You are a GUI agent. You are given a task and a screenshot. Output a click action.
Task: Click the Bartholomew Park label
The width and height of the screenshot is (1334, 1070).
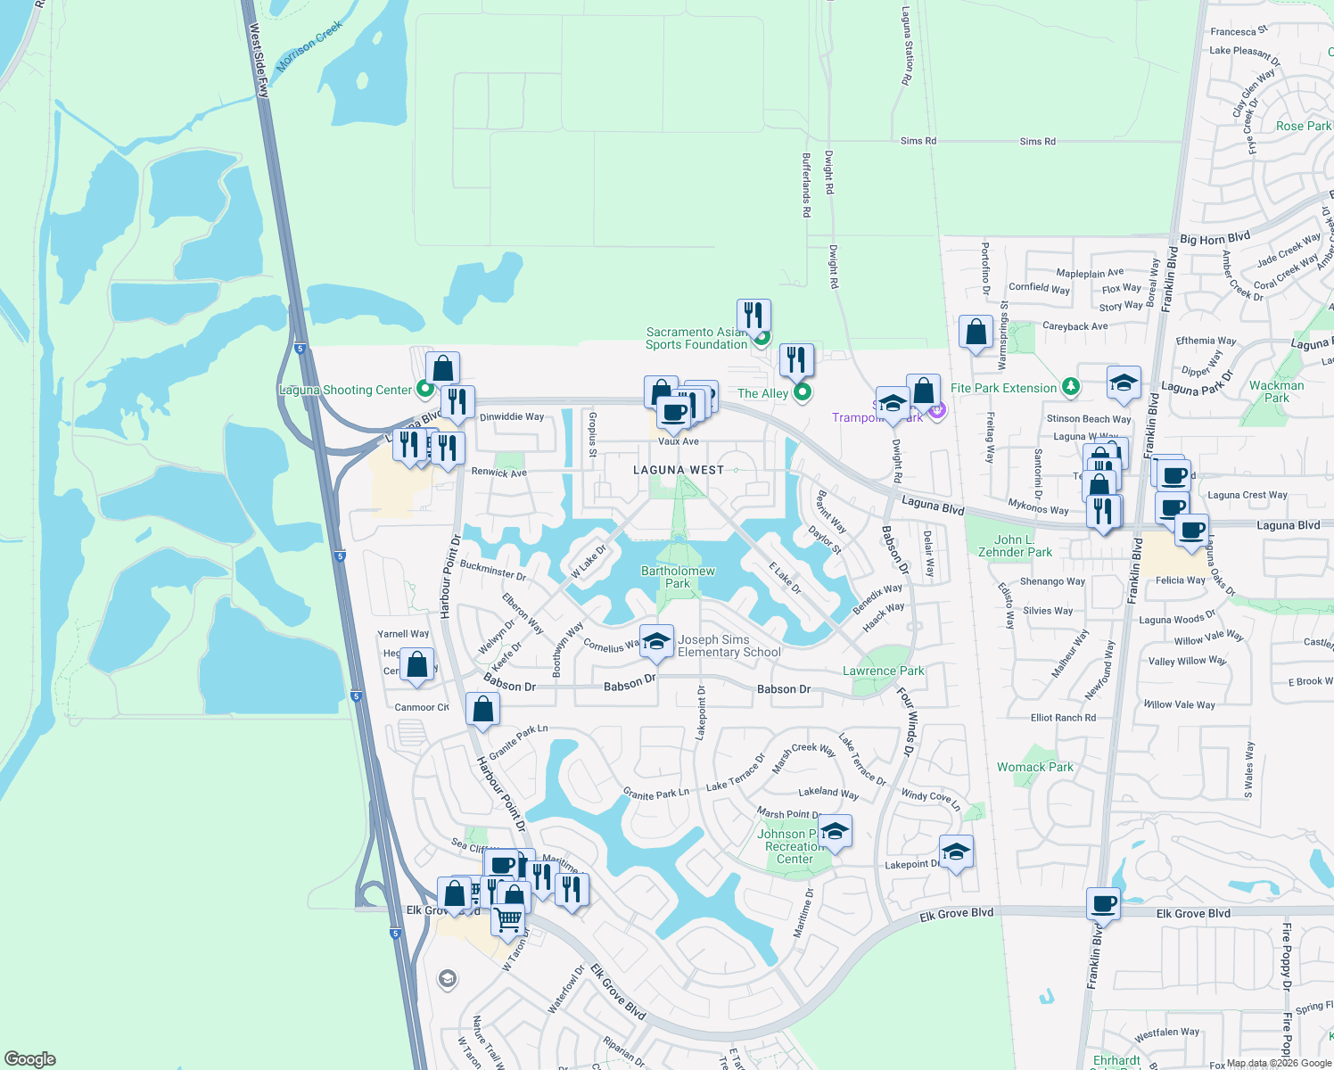click(x=678, y=577)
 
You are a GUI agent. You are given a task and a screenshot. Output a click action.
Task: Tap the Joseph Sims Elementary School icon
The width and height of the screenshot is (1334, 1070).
click(x=656, y=641)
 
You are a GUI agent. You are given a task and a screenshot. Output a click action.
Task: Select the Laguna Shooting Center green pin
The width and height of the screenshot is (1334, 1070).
click(x=425, y=390)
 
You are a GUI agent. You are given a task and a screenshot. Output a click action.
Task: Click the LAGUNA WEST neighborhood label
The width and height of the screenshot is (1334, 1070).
click(x=679, y=470)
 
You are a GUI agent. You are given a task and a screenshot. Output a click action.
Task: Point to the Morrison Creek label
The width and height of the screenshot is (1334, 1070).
click(x=309, y=47)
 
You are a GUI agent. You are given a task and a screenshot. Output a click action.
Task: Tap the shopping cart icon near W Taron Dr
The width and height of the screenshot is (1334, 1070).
click(x=507, y=918)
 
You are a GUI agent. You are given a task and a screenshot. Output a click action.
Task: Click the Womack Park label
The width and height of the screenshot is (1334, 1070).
click(x=1034, y=767)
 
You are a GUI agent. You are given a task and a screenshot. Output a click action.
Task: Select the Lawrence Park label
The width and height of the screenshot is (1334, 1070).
click(x=884, y=671)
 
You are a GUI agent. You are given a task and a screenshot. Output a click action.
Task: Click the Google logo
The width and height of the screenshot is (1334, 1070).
click(x=30, y=1058)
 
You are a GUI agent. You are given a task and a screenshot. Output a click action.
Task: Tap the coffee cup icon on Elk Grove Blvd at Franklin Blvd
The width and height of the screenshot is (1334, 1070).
click(x=1103, y=903)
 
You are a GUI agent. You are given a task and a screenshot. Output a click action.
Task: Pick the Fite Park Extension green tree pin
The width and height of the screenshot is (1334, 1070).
click(x=1071, y=387)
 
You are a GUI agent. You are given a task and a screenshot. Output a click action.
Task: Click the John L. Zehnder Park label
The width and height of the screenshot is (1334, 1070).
click(x=1015, y=546)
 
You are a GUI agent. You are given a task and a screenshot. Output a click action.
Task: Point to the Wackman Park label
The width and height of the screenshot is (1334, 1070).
click(x=1276, y=391)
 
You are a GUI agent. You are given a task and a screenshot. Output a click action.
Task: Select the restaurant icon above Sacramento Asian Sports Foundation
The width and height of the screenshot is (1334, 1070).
click(x=753, y=315)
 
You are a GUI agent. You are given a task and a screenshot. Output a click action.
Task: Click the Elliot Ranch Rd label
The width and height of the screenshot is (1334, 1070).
click(x=1063, y=718)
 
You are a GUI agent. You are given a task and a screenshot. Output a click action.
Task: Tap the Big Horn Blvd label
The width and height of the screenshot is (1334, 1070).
click(x=1215, y=238)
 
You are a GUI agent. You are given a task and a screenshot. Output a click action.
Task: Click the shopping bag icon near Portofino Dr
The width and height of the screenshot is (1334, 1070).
click(x=976, y=332)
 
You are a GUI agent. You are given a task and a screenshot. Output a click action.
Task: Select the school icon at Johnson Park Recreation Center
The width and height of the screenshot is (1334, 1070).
click(x=835, y=831)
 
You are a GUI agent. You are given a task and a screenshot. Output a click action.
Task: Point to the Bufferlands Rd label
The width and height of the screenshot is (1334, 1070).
click(x=806, y=185)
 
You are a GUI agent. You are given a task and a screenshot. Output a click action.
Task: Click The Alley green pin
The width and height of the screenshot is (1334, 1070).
click(x=803, y=391)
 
